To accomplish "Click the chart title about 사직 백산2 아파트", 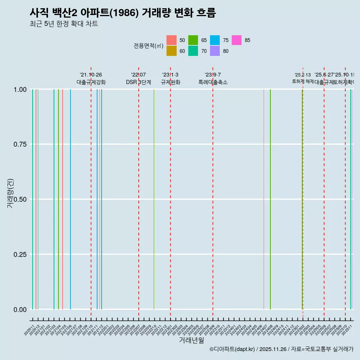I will [123, 13].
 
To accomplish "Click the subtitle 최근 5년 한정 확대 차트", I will [64, 24].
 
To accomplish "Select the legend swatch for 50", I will [171, 40].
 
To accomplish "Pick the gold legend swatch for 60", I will [171, 51].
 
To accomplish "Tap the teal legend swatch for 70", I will [193, 51].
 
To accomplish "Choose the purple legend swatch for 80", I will [215, 51].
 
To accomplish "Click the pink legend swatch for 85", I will [237, 40].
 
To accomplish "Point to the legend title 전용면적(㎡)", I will [148, 46].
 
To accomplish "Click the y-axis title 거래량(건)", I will [11, 193].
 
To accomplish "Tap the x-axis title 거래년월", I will [191, 340].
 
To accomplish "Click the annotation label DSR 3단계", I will [138, 82].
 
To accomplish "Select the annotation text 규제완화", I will [171, 82].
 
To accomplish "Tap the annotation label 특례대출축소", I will [213, 82].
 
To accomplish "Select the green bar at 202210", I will [154, 199].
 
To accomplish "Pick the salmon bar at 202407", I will [264, 199].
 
